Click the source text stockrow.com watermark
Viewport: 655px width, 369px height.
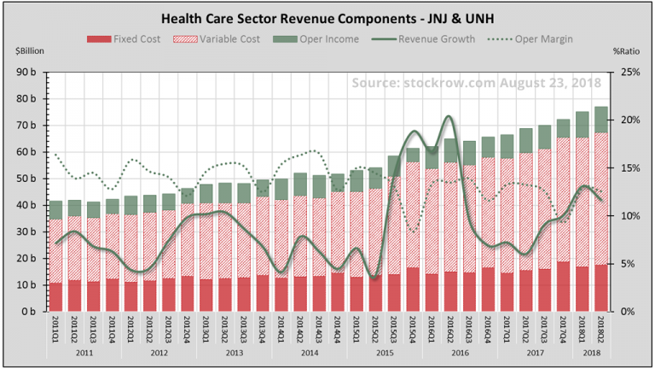pos(476,83)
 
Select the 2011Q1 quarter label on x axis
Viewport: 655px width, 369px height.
pos(56,328)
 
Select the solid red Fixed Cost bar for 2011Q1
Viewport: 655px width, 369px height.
pos(56,297)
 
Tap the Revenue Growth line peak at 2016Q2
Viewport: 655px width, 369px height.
pos(450,117)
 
